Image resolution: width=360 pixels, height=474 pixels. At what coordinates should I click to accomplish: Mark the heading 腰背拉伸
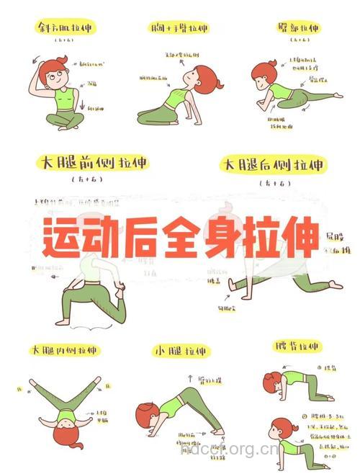click(297, 346)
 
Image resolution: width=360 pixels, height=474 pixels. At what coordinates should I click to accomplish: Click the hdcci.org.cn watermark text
click(229, 452)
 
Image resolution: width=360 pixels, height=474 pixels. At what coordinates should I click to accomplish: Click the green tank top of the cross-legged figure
click(64, 99)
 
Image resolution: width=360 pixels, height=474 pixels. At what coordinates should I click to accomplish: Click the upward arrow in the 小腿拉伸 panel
click(189, 377)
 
